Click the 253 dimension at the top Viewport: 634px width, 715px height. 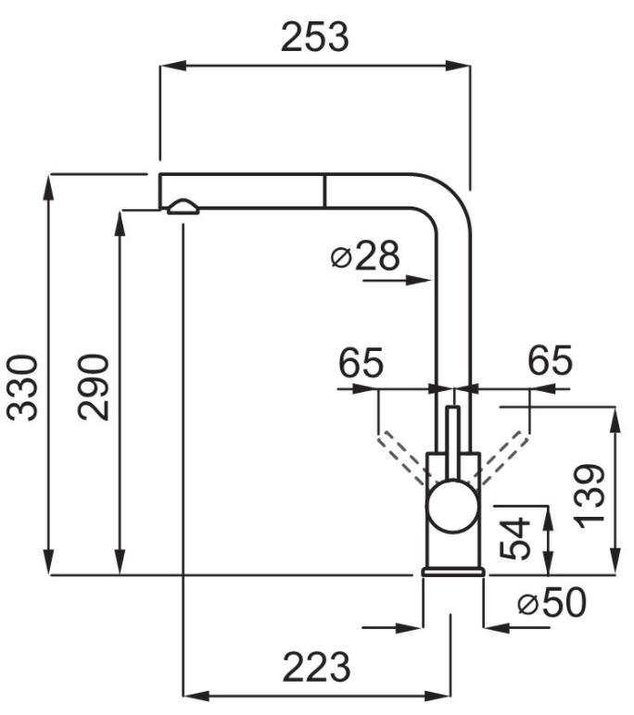[315, 38]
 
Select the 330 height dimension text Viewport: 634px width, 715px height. [27, 386]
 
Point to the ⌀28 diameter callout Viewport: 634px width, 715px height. [363, 257]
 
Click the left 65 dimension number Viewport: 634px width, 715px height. [360, 363]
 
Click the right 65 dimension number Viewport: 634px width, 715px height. [550, 361]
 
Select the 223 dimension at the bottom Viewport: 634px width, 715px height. [316, 666]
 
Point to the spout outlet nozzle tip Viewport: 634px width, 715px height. [182, 207]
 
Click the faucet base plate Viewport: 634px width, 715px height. [452, 571]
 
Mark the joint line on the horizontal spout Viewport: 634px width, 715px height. [324, 191]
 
